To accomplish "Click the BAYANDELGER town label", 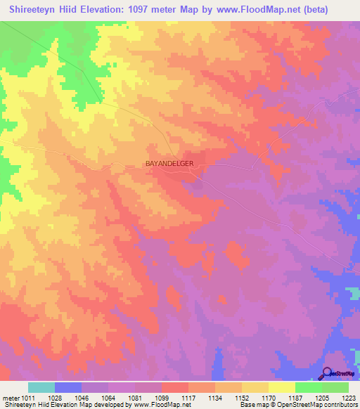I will coord(173,164).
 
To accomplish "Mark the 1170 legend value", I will coord(259,397).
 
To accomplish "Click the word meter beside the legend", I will coord(11,397).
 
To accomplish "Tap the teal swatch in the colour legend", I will coord(41,387).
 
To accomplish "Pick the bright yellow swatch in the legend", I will coord(281,387).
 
